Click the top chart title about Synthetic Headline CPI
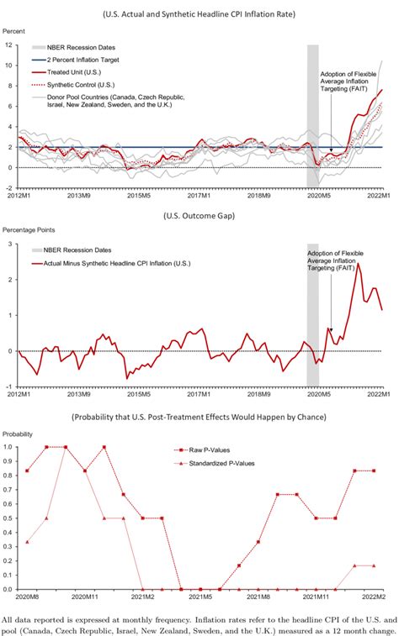(x=199, y=14)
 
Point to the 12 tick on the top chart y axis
(x=11, y=45)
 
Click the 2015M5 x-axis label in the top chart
(x=138, y=195)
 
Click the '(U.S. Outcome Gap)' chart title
(x=199, y=216)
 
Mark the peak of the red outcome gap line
(x=359, y=264)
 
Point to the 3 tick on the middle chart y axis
(x=11, y=244)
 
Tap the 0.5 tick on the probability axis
(x=10, y=518)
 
